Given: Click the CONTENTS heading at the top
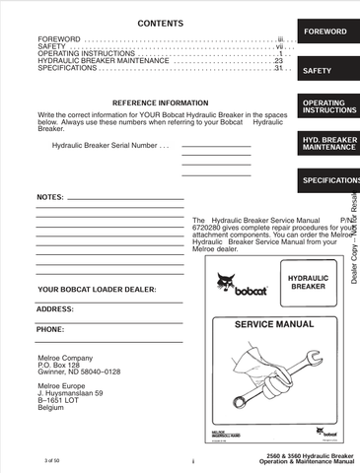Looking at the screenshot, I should [159, 22].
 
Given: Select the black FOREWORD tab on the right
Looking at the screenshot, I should [324, 33].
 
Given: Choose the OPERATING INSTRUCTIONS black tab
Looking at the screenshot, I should [324, 106].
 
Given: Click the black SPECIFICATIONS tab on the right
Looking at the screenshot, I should [329, 181].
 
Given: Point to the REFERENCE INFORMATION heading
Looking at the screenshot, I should [160, 102].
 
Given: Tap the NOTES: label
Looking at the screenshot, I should [50, 197].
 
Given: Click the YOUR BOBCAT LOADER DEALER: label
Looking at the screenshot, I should [97, 290].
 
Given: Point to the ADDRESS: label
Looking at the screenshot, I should [56, 309].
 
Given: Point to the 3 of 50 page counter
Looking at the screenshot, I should [53, 460].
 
